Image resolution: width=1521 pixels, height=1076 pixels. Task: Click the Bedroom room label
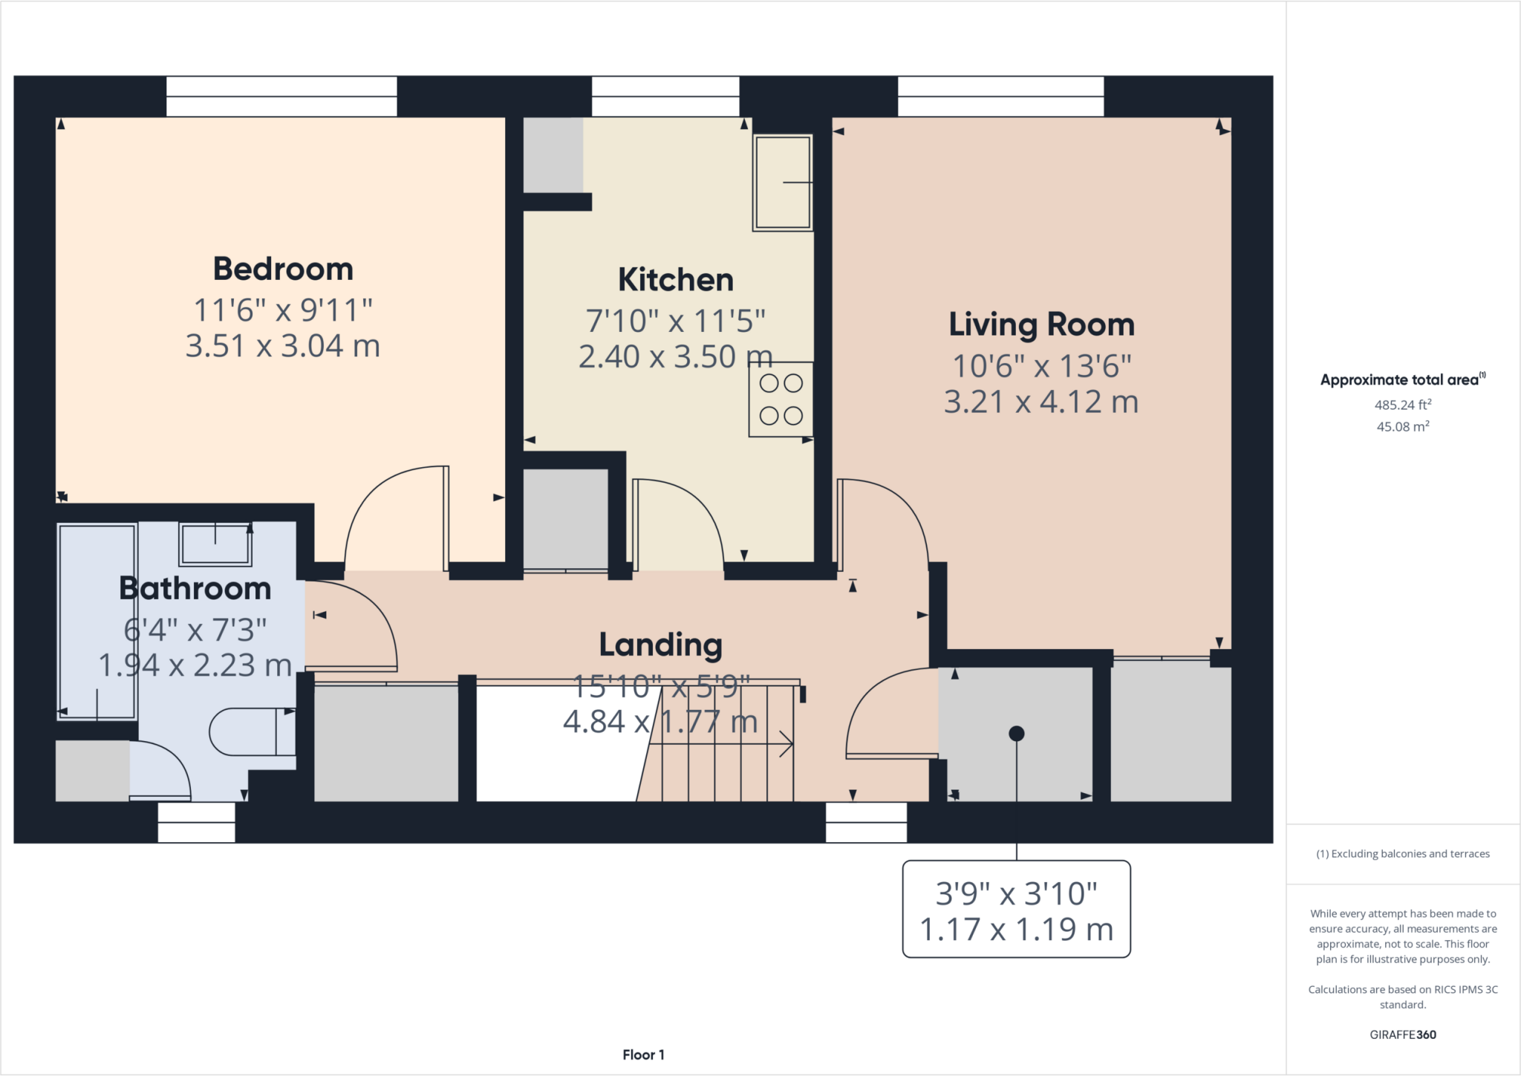[283, 269]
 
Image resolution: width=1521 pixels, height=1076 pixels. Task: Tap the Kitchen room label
[675, 280]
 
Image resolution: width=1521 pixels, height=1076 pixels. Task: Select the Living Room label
[1041, 325]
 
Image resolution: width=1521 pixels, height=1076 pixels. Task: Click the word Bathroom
[195, 588]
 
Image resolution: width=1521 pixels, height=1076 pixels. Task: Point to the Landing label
[660, 645]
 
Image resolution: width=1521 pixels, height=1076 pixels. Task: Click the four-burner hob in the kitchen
[781, 400]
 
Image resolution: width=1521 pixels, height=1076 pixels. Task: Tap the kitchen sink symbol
[782, 182]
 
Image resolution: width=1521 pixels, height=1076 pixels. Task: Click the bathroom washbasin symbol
[215, 544]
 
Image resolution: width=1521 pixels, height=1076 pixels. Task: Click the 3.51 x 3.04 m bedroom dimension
[283, 346]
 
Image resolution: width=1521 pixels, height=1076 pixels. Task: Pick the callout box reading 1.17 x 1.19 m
[1016, 910]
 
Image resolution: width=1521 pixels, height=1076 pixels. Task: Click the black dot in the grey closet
[1017, 734]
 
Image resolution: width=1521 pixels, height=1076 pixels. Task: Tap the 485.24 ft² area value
[1402, 405]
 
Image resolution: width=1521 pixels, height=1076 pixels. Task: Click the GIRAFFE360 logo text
[1402, 1034]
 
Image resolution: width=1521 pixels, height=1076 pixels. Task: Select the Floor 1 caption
[643, 1054]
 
